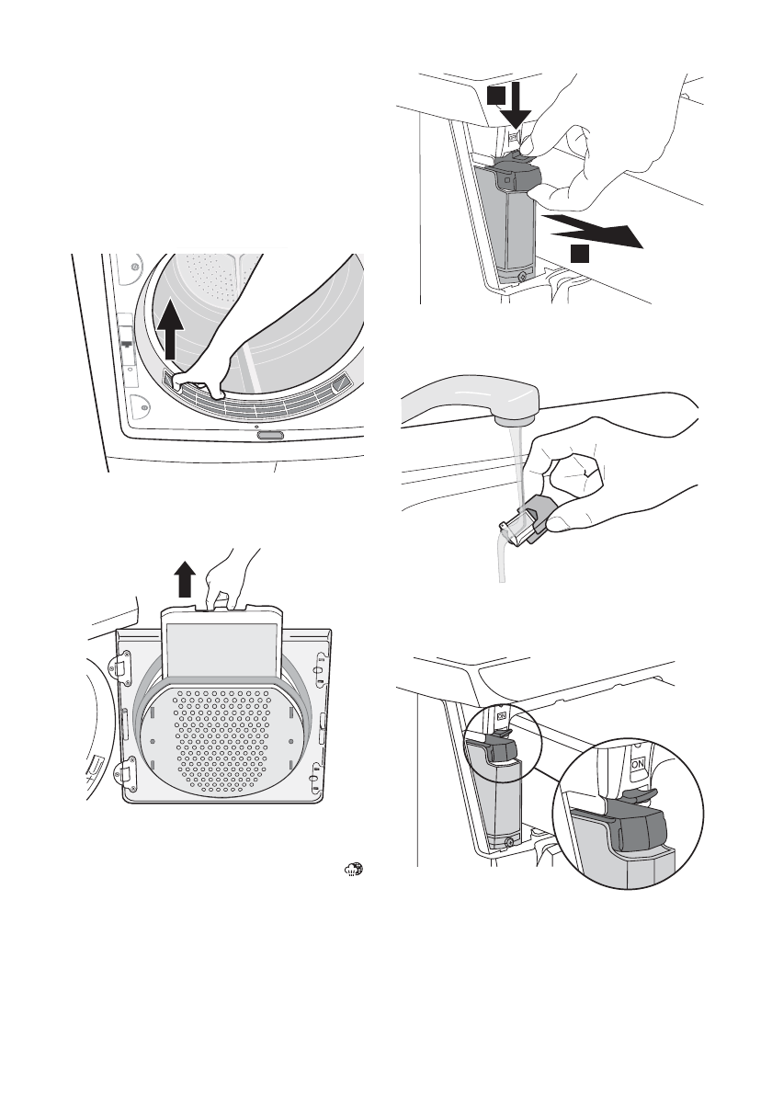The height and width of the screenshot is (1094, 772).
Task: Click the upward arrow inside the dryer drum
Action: [170, 331]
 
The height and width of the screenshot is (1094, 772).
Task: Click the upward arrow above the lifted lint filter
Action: [184, 578]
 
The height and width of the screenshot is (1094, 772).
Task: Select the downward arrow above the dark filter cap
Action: [517, 105]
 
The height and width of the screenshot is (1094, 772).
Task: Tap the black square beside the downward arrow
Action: [495, 96]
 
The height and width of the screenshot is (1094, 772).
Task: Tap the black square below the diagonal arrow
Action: [580, 253]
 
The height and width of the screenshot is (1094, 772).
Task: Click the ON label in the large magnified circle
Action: [638, 765]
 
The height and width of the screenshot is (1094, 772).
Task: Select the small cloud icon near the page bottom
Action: [354, 869]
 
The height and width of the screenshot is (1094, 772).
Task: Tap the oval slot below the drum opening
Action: [270, 436]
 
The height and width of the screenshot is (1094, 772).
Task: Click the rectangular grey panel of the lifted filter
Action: [221, 649]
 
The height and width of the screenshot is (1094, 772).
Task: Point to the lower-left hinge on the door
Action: [123, 773]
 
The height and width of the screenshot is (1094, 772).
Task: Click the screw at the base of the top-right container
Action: [522, 277]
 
